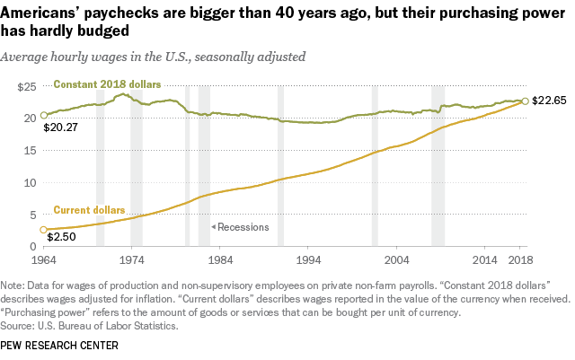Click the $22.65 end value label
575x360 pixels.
pyautogui.click(x=549, y=100)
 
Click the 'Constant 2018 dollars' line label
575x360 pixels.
pyautogui.click(x=107, y=84)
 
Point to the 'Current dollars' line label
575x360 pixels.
pyautogui.click(x=89, y=210)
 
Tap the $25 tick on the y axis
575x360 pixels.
pyautogui.click(x=28, y=86)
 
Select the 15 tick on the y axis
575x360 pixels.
pyautogui.click(x=30, y=150)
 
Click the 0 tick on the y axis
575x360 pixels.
pyautogui.click(x=32, y=246)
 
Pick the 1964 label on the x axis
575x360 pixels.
pyautogui.click(x=43, y=260)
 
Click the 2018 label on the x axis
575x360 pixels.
pyautogui.click(x=520, y=260)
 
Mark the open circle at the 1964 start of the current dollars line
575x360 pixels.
pyautogui.click(x=43, y=230)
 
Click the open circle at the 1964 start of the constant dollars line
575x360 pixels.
pyautogui.click(x=43, y=116)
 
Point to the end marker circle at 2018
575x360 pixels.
pyautogui.click(x=525, y=101)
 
